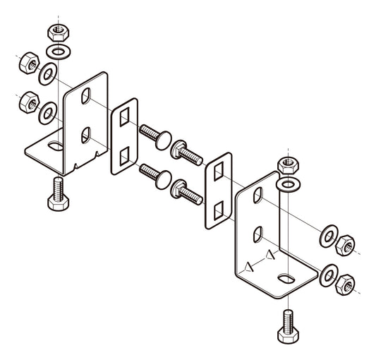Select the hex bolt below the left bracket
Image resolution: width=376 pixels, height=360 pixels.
(57, 194)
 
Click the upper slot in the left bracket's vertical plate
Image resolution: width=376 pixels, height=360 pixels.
(85, 95)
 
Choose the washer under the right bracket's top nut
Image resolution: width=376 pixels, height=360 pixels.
(287, 185)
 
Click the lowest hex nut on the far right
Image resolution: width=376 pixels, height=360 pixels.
(346, 284)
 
